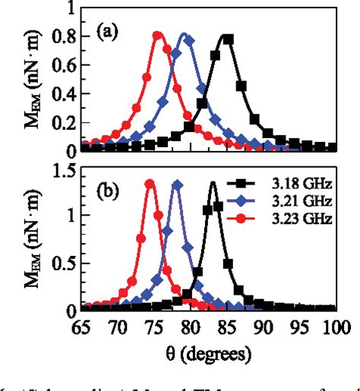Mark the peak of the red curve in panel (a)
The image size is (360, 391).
tap(158, 35)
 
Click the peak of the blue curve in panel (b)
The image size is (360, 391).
tap(176, 184)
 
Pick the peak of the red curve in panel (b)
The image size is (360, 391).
tap(150, 182)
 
